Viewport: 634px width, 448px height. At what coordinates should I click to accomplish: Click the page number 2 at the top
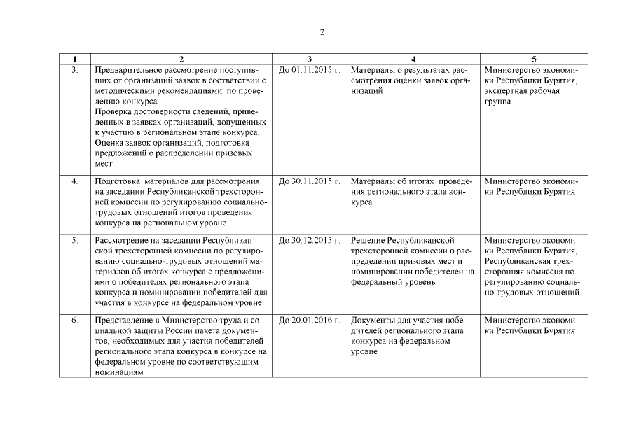322,32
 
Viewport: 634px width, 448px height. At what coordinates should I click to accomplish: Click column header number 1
75,59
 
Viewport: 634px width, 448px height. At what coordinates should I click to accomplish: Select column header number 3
310,59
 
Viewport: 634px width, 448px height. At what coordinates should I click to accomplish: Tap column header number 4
413,59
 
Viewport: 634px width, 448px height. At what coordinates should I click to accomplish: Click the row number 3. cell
75,71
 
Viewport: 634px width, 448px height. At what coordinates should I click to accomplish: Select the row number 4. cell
75,181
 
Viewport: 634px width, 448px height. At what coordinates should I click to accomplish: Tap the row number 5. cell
75,241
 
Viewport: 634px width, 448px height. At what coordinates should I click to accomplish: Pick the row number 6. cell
75,321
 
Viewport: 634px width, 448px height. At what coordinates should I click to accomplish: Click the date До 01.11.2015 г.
309,71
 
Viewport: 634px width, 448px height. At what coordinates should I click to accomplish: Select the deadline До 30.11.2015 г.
309,181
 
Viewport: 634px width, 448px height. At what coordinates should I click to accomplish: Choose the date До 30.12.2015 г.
309,241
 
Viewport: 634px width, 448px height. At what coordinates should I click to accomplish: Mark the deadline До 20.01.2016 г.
309,321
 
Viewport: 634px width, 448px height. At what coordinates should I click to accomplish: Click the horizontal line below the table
322,398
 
